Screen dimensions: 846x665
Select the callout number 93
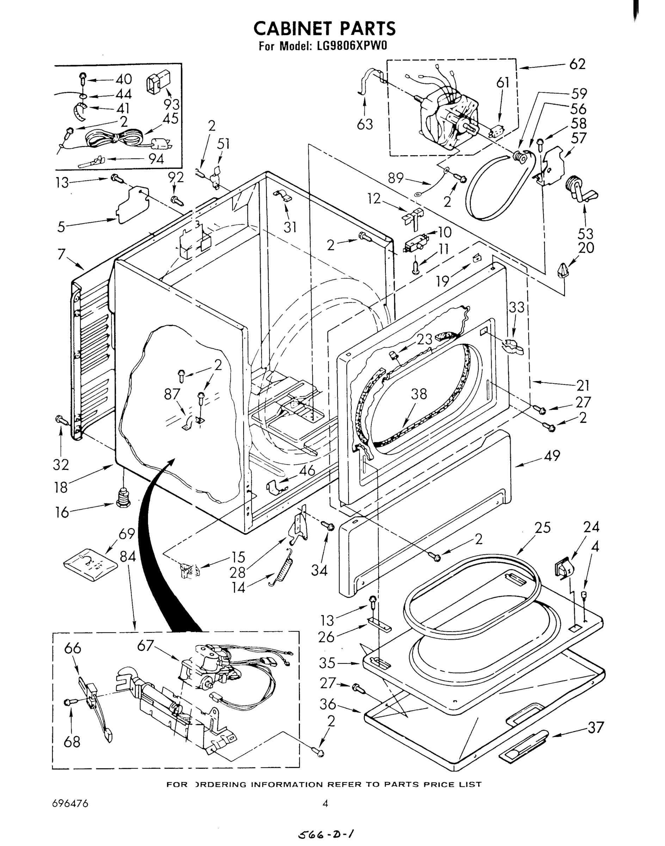pyautogui.click(x=171, y=104)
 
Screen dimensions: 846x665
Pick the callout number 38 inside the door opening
pyautogui.click(x=419, y=394)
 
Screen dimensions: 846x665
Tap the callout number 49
pyautogui.click(x=552, y=455)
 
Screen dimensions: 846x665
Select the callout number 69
pyautogui.click(x=127, y=533)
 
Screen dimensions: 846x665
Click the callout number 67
pyautogui.click(x=146, y=645)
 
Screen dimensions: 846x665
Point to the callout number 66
pyautogui.click(x=72, y=648)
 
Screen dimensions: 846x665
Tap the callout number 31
pyautogui.click(x=290, y=227)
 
